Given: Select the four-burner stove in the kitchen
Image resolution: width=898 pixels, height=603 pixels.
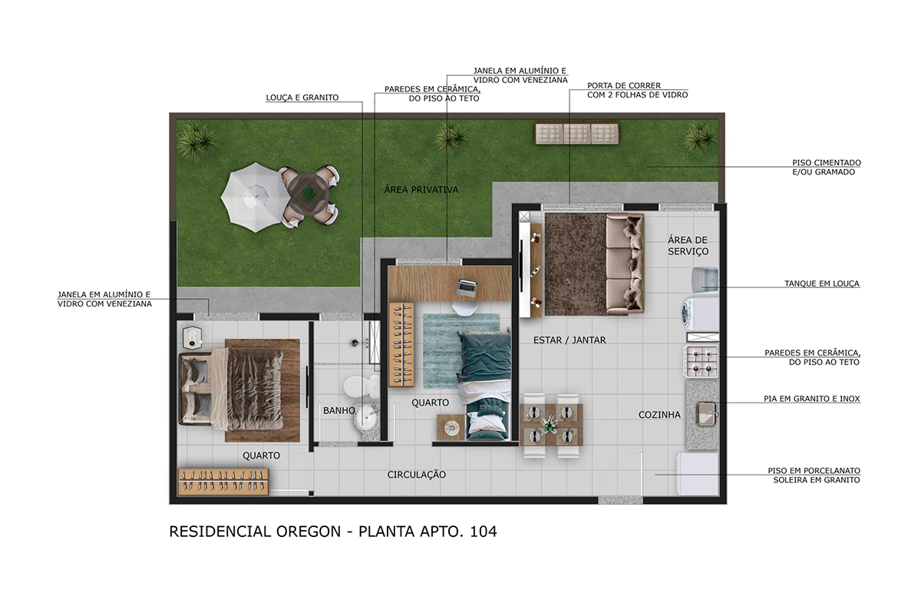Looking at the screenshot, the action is point(702,361).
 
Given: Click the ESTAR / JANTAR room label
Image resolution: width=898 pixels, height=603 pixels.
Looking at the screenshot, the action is point(570,340).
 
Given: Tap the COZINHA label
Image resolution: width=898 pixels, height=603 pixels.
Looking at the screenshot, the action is point(659,415).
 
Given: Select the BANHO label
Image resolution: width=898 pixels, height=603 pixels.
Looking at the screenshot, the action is point(339,410).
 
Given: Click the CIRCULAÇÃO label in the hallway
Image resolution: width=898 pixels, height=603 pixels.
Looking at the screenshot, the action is point(416,475).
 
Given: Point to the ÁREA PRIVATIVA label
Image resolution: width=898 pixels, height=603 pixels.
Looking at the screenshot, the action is point(421,190).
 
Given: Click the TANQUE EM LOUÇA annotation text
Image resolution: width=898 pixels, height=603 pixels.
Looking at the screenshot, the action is point(822,283).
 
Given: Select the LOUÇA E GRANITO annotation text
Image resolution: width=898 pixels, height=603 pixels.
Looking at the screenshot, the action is point(302,98).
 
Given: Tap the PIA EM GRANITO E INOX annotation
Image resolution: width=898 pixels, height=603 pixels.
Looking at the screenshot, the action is point(811,399).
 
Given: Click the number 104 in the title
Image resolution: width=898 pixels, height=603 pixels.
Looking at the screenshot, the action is point(483,532).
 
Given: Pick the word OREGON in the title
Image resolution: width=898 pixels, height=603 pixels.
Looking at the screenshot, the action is point(309,532).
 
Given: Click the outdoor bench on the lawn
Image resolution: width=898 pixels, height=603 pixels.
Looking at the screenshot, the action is point(576,134).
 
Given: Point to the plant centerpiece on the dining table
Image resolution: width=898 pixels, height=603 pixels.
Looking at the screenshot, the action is point(550,424).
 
